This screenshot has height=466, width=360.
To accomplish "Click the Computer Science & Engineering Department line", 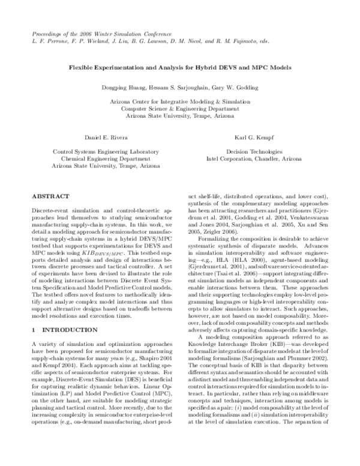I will pyautogui.click(x=179, y=109).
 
